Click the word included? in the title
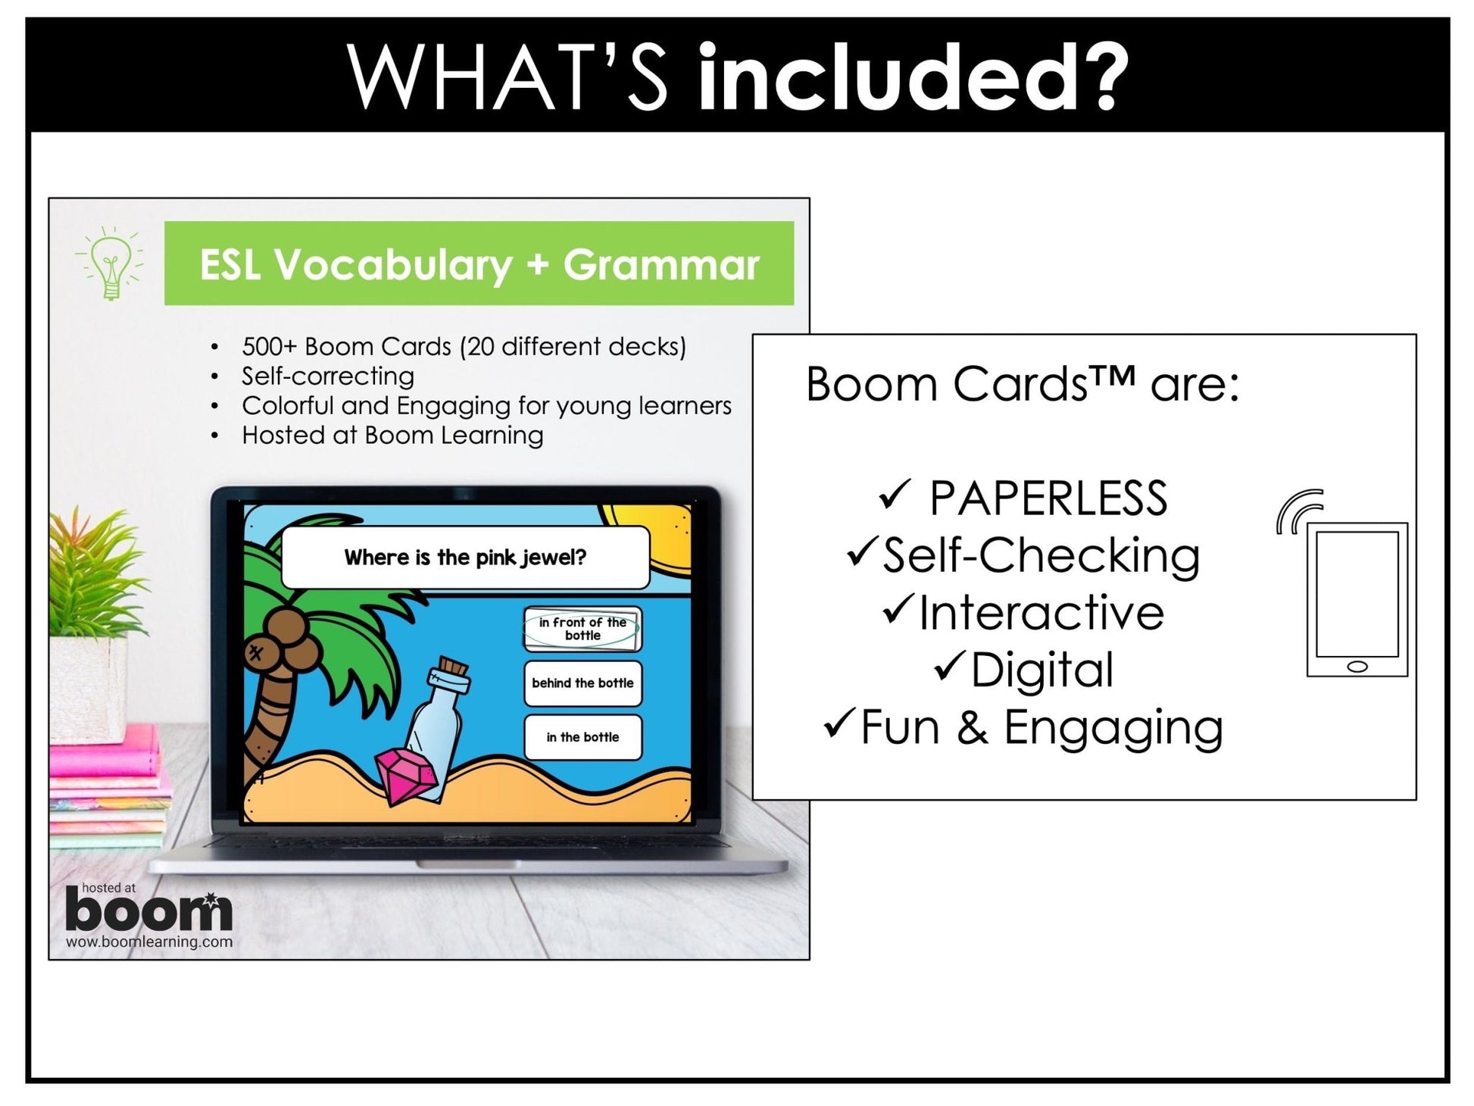(x=912, y=77)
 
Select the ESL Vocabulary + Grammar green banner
(x=479, y=264)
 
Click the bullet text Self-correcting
(x=327, y=376)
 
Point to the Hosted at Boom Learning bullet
(x=392, y=435)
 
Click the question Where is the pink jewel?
(x=465, y=558)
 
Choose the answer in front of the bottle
(x=582, y=629)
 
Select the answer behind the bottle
(x=582, y=683)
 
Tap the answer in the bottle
(x=582, y=737)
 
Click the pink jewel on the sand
(x=406, y=774)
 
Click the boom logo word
(x=148, y=911)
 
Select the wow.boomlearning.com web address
(x=148, y=942)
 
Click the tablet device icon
(x=1357, y=598)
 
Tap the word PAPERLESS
(x=1048, y=498)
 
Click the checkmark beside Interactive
(x=898, y=610)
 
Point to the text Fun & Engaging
(x=1041, y=727)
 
